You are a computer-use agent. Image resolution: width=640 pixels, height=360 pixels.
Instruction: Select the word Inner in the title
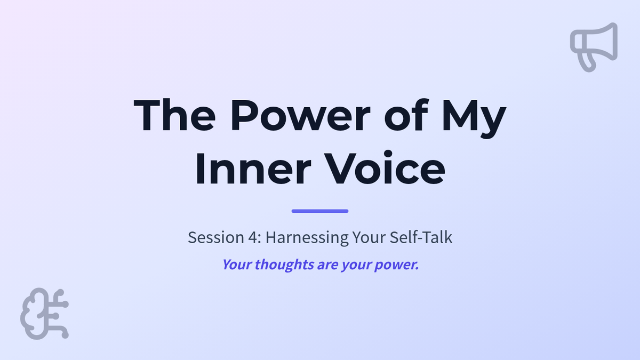pos(253,169)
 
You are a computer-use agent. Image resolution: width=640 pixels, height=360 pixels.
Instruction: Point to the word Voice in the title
pos(385,168)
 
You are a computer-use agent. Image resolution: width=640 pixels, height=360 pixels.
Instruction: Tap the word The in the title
pos(174,115)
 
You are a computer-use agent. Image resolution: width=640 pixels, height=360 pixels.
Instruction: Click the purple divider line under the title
pos(320,211)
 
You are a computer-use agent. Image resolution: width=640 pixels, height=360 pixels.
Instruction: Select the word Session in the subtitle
pos(216,237)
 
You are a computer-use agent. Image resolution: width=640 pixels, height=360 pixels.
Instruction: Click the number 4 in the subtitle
pos(253,237)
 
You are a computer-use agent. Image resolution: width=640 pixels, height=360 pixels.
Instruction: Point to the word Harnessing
pos(307,238)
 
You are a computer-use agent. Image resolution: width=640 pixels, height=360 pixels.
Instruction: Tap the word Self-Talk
pos(421,237)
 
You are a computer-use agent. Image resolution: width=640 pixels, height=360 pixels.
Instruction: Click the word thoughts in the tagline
pos(284,265)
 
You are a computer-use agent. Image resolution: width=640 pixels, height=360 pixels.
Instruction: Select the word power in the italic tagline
pos(397,266)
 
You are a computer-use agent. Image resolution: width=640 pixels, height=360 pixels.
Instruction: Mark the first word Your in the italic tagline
pos(237,265)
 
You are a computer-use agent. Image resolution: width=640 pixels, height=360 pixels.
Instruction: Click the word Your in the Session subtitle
pos(369,237)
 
